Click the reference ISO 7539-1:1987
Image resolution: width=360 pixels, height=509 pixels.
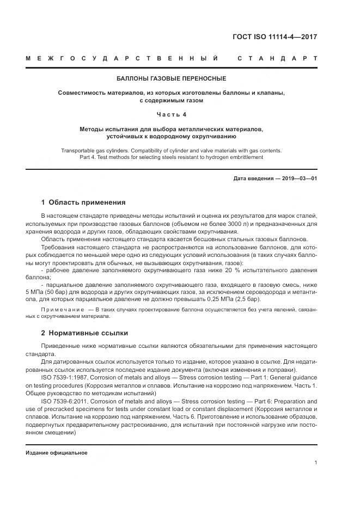tap(64, 376)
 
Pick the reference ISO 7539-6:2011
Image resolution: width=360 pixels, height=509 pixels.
tap(64, 400)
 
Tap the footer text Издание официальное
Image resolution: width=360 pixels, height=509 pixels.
tap(57, 452)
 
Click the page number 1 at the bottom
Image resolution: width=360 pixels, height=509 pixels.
tap(316, 463)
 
